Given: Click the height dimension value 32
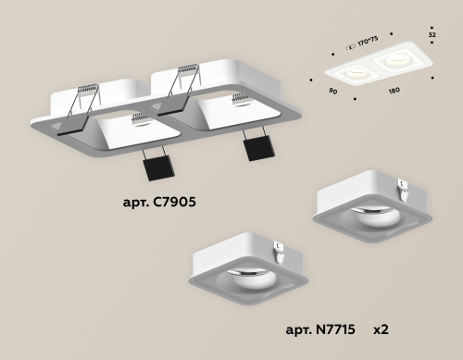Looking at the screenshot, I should click(432, 34).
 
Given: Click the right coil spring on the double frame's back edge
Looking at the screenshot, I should click(187, 69).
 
